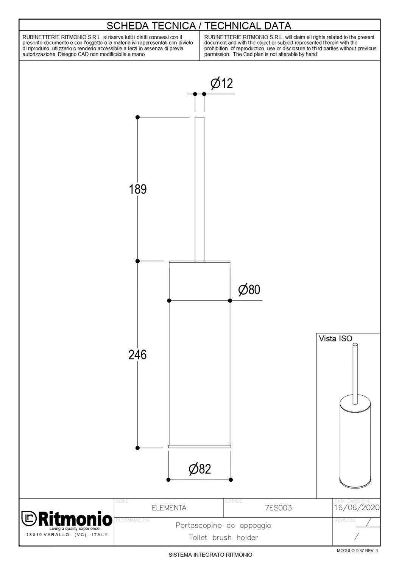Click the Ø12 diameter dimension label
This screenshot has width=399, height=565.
[x=222, y=83]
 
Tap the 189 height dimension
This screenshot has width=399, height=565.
[x=138, y=189]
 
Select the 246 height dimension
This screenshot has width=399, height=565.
[x=137, y=355]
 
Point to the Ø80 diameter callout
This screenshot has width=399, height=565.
[x=249, y=290]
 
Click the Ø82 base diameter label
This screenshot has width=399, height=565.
[x=200, y=469]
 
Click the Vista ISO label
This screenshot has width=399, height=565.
[x=335, y=339]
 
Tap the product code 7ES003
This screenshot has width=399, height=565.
[x=279, y=508]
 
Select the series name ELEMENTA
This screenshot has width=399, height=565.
[x=169, y=508]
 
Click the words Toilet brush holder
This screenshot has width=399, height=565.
[x=223, y=537]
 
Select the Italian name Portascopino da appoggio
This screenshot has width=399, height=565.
[x=223, y=525]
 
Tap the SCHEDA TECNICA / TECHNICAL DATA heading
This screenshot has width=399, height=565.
[x=199, y=26]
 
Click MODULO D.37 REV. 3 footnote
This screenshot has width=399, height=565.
[x=357, y=551]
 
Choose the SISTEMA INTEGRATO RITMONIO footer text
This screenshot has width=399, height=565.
[x=210, y=555]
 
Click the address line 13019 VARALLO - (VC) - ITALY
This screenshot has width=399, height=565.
[x=67, y=535]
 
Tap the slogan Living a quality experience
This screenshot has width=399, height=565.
[x=75, y=528]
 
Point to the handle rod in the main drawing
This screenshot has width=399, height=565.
[x=199, y=189]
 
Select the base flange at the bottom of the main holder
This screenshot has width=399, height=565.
[x=199, y=447]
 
